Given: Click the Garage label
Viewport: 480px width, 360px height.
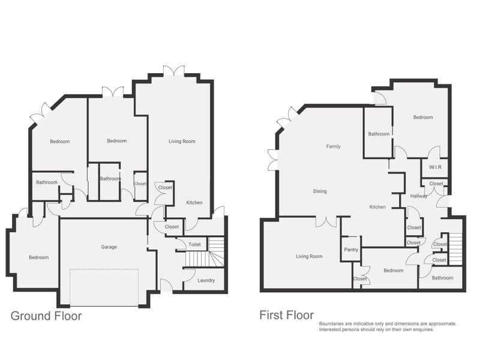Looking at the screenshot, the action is pyautogui.click(x=109, y=247).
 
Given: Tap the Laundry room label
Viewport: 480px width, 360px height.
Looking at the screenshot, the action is pyautogui.click(x=206, y=280).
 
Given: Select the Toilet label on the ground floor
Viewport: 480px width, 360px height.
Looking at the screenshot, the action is pyautogui.click(x=194, y=244).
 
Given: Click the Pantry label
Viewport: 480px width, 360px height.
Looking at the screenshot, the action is pyautogui.click(x=351, y=250).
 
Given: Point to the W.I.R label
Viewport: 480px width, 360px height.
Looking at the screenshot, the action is pyautogui.click(x=435, y=167).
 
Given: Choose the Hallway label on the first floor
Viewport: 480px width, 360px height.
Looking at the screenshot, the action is pyautogui.click(x=418, y=196).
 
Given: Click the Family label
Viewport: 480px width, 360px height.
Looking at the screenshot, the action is pyautogui.click(x=334, y=146).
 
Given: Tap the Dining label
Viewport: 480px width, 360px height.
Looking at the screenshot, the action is pyautogui.click(x=320, y=191).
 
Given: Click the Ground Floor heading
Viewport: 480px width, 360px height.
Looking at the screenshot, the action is pyautogui.click(x=46, y=316).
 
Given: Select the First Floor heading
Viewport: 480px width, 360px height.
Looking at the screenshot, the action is pyautogui.click(x=287, y=315).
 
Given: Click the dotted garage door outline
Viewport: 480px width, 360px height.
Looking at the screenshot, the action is pyautogui.click(x=104, y=287).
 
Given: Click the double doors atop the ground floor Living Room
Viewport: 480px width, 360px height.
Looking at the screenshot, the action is pyautogui.click(x=174, y=71).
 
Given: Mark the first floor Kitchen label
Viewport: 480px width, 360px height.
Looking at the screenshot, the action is pyautogui.click(x=377, y=207).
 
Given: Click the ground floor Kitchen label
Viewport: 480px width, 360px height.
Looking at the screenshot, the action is pyautogui.click(x=194, y=202).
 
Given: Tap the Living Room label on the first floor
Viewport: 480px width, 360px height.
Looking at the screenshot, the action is pyautogui.click(x=309, y=256).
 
